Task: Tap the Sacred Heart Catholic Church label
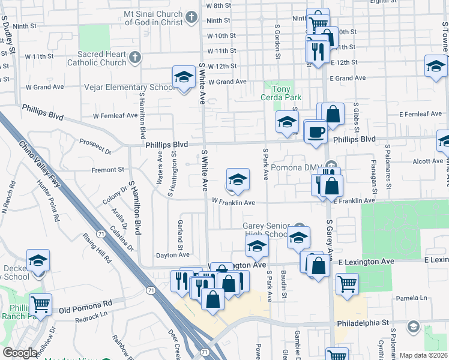coord(97,58)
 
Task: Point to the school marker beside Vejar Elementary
coord(184,77)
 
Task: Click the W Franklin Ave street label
coord(234,203)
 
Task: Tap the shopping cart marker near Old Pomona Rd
coord(40,305)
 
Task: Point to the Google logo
coord(20,353)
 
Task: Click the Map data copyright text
coord(423,355)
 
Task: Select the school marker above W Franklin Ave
coord(238,179)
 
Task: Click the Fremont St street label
coord(108,170)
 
